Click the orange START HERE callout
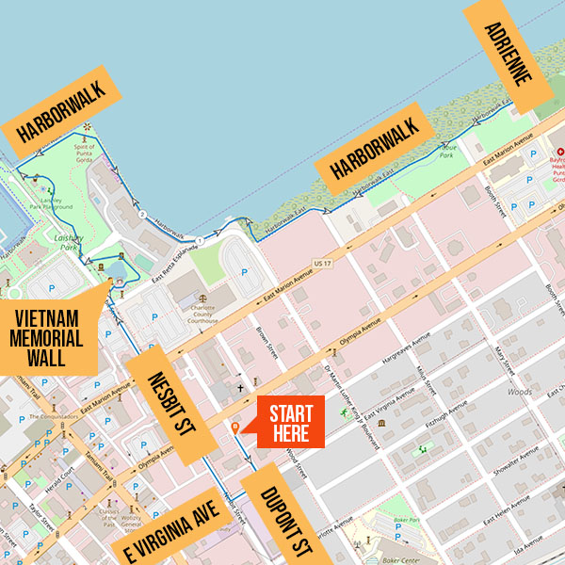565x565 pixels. pos(291,421)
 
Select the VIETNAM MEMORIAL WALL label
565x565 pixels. pos(47,333)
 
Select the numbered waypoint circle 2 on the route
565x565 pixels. pos(142,216)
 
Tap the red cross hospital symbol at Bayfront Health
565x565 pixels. pos(560,153)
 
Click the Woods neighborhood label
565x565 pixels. pos(519,391)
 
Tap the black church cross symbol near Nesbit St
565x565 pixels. pos(240,387)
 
